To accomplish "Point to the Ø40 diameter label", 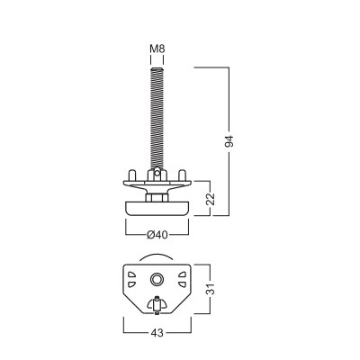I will click(x=157, y=236).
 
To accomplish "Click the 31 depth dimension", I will click(x=209, y=290).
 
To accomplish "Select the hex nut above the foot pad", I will click(x=157, y=195).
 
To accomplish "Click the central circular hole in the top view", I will click(x=157, y=280).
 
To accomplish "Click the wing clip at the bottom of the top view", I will click(x=157, y=306).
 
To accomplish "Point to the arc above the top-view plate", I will click(x=157, y=257).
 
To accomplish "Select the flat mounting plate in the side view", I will click(x=157, y=184).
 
